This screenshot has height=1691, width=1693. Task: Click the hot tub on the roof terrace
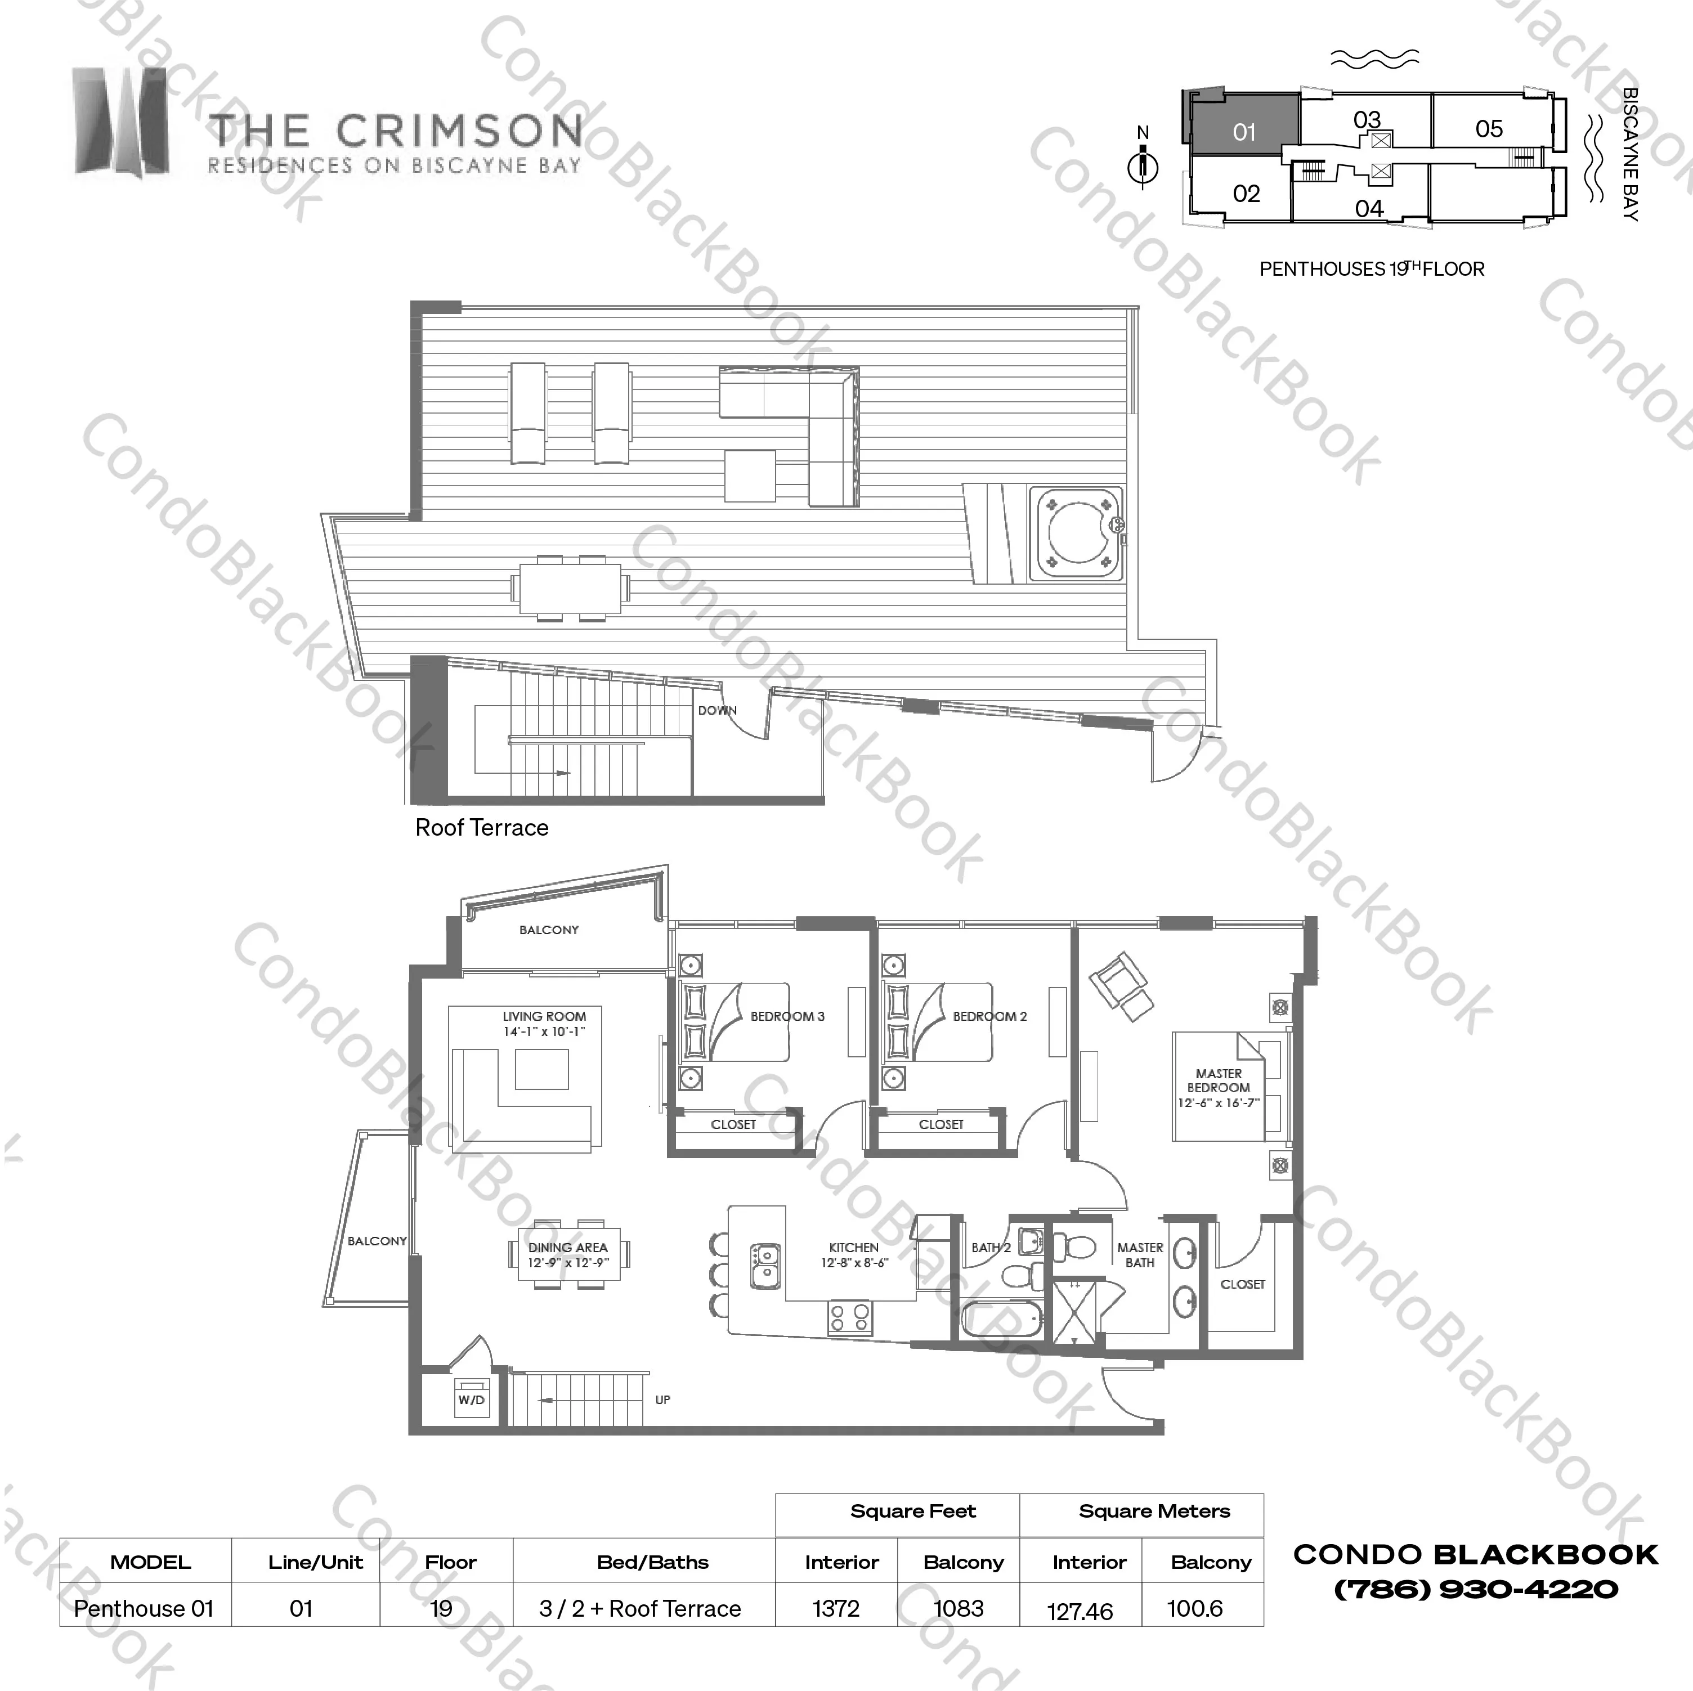pos(1077,535)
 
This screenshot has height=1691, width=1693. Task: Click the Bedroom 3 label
pos(787,1016)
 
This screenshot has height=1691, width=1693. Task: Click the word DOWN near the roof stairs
pos(717,711)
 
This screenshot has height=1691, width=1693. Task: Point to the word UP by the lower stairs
pos(662,1400)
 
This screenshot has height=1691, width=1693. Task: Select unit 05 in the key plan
pos(1489,129)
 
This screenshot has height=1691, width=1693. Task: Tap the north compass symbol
pos(1143,165)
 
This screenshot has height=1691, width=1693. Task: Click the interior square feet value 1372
pos(836,1609)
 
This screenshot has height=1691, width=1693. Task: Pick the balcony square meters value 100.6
pos(1194,1609)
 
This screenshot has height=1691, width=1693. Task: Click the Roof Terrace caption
pos(482,828)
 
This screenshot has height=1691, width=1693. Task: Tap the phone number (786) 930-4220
pos(1476,1589)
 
